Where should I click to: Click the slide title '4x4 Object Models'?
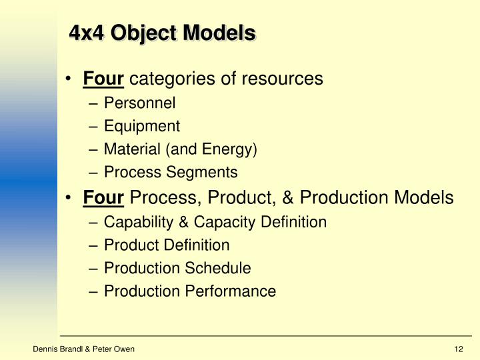click(x=163, y=33)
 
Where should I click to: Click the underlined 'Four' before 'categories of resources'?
click(x=103, y=79)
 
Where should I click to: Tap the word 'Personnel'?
click(x=139, y=103)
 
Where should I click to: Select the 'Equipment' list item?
click(x=142, y=126)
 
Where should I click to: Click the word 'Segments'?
click(x=207, y=173)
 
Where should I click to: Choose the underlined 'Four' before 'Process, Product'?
click(x=103, y=198)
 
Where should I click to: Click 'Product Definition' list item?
click(x=167, y=245)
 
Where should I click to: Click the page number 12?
click(x=458, y=349)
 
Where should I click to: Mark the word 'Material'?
click(x=129, y=149)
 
